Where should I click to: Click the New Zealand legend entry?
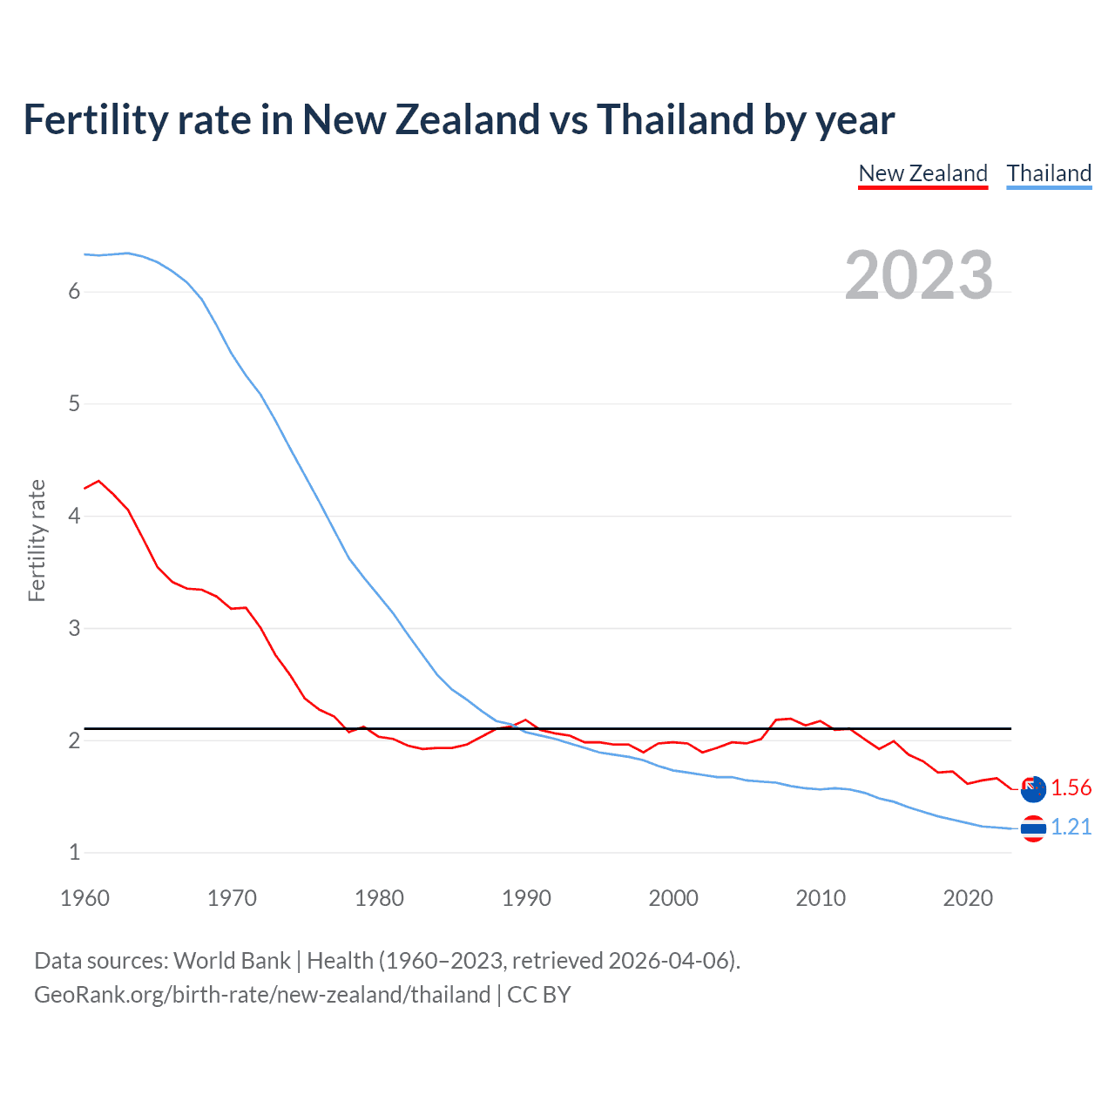point(922,173)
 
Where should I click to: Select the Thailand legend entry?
point(1049,173)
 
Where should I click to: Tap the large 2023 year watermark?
point(918,275)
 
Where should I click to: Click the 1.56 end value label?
point(1071,787)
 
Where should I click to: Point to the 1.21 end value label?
point(1071,827)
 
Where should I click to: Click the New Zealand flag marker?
point(1033,789)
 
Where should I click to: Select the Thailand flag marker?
point(1033,828)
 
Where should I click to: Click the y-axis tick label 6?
point(74,291)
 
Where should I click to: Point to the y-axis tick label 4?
point(74,516)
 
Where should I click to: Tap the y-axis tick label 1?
point(74,852)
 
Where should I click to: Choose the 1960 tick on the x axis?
point(84,898)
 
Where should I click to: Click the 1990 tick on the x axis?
point(526,898)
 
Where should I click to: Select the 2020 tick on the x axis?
point(968,898)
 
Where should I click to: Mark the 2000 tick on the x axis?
point(673,898)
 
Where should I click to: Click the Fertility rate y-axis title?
point(37,540)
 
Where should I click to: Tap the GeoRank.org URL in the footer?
point(262,995)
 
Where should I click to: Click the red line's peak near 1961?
point(98,480)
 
